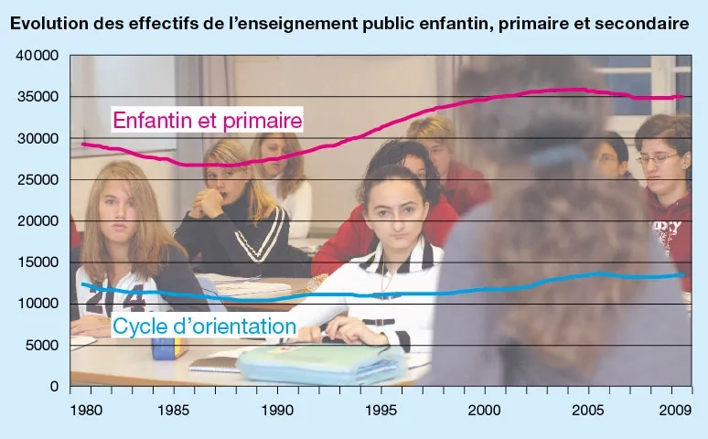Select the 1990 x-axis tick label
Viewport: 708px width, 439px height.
(276, 411)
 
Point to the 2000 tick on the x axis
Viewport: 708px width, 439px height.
(484, 411)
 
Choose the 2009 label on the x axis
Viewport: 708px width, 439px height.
(675, 411)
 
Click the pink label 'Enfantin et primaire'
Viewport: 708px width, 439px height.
(207, 120)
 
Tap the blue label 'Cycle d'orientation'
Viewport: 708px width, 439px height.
(203, 326)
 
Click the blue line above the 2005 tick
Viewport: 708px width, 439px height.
(587, 273)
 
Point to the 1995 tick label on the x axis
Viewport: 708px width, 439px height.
(380, 411)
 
